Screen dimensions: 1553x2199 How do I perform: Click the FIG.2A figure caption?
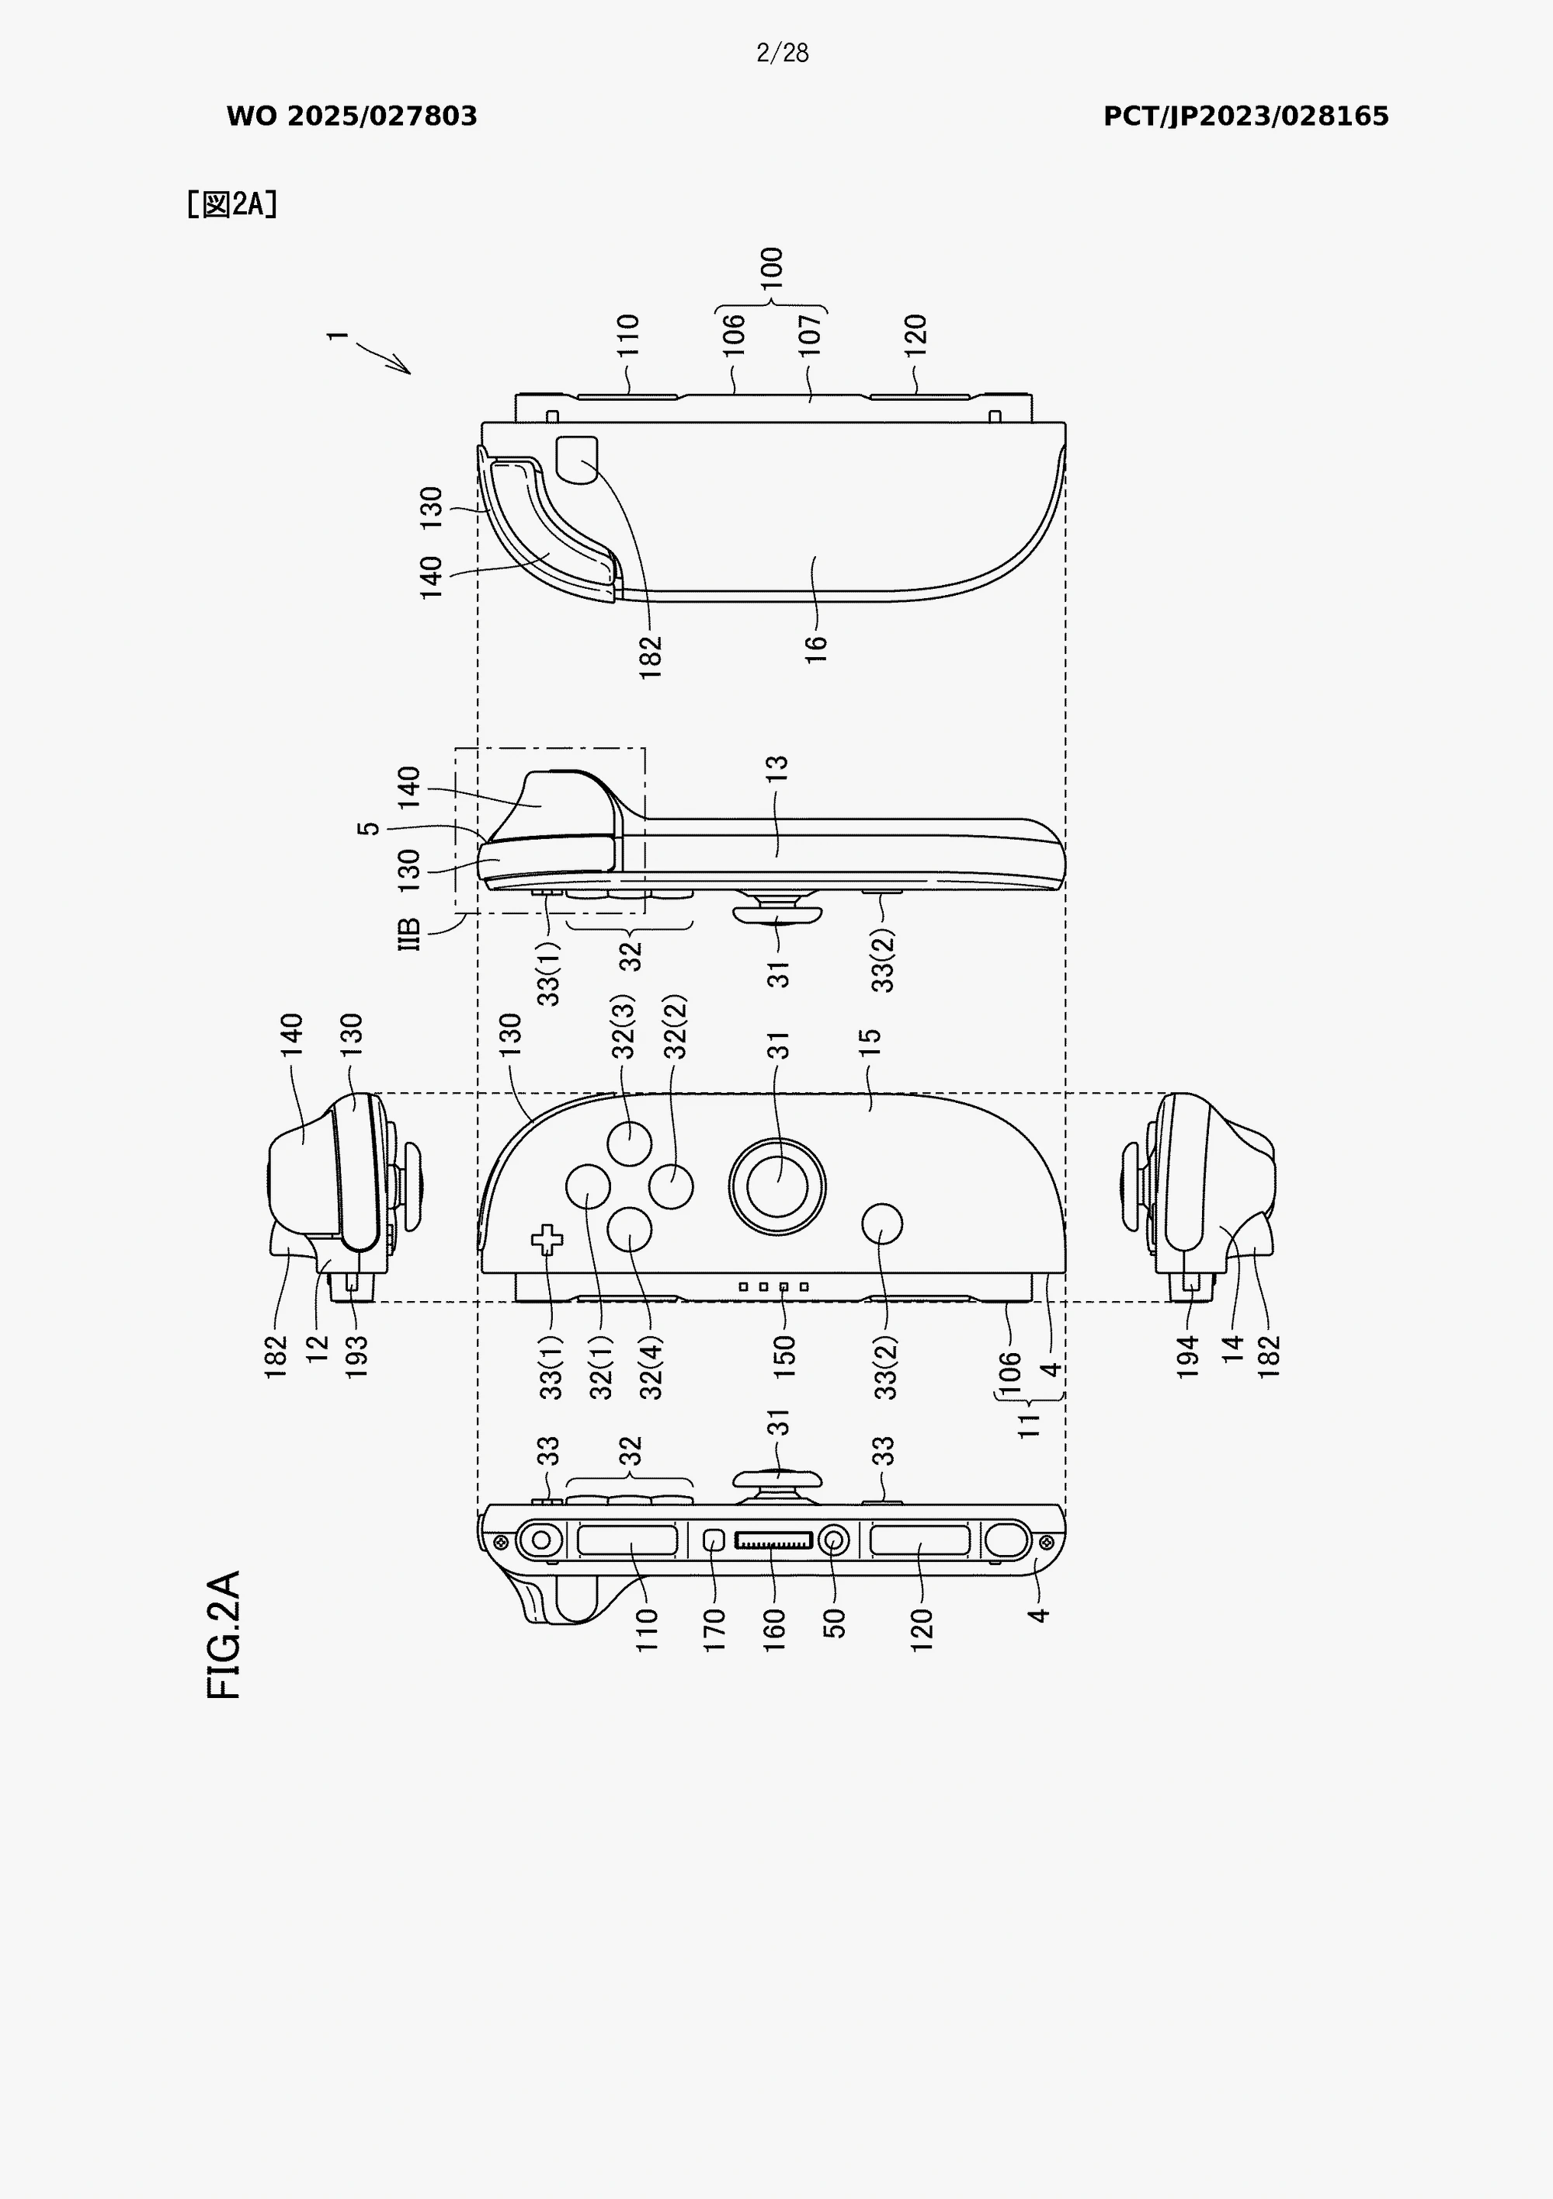tap(223, 1635)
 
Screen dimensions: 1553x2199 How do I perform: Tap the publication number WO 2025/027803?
tap(352, 116)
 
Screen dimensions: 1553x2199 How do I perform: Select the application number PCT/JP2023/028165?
tap(1246, 116)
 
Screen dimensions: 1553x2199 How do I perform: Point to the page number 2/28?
tap(782, 53)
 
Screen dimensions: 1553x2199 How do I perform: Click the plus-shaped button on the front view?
tap(547, 1240)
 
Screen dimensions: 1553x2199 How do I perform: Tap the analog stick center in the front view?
tap(776, 1187)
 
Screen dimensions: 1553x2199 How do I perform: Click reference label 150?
tap(784, 1356)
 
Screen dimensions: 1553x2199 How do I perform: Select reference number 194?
tap(1187, 1356)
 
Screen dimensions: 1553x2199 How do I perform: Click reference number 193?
tap(356, 1356)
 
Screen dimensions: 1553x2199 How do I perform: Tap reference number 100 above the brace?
tap(772, 269)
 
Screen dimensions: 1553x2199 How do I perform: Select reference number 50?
tap(834, 1623)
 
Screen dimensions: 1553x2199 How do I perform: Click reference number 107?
tap(810, 336)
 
